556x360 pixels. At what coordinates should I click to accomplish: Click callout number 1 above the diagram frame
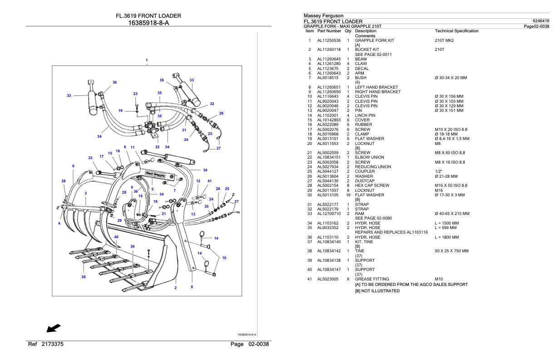click(x=146, y=60)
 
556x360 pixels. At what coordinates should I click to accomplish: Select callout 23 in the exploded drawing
click(x=135, y=94)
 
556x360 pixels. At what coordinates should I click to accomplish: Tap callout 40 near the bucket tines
click(x=116, y=237)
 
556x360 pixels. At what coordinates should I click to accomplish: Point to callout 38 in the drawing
click(x=83, y=276)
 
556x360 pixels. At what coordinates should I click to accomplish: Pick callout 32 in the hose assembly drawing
click(x=212, y=104)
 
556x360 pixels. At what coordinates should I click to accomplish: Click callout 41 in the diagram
click(x=209, y=181)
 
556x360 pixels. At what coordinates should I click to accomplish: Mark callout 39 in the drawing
click(x=133, y=246)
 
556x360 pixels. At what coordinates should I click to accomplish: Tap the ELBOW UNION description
click(x=369, y=157)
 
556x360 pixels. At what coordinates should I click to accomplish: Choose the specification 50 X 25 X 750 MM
click(x=452, y=251)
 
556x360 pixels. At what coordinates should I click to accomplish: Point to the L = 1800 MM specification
click(x=447, y=237)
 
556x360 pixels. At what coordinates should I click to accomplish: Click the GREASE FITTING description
click(x=372, y=279)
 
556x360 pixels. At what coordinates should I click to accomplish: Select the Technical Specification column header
click(x=457, y=31)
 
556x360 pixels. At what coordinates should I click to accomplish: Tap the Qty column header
click(x=347, y=31)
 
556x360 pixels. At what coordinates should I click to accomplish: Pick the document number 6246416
click(x=541, y=21)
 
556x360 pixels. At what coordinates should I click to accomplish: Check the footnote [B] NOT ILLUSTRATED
click(x=377, y=291)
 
